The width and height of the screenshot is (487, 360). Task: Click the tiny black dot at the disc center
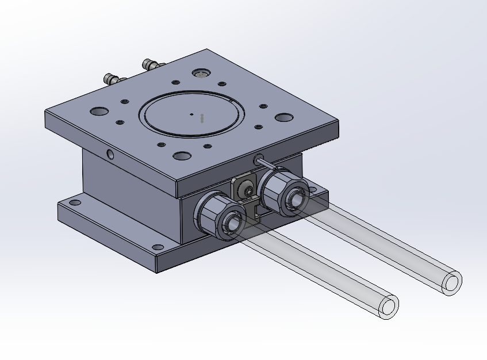click(x=192, y=114)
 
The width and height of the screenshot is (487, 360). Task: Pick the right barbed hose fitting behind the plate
click(x=149, y=63)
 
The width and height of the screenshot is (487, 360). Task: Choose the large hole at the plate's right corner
click(x=283, y=117)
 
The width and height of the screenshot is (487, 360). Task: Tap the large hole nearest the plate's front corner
click(x=182, y=156)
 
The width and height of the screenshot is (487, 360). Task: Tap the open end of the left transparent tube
click(x=389, y=307)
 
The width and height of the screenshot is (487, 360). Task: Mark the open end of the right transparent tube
click(x=452, y=283)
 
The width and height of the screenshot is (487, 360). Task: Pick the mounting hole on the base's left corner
click(x=75, y=202)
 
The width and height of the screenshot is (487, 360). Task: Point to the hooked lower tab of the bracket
click(x=254, y=213)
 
